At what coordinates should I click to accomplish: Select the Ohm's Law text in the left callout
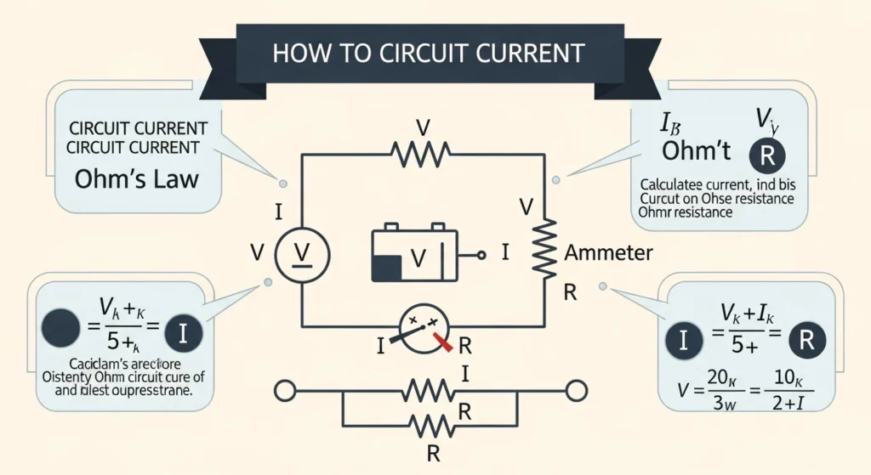click(136, 179)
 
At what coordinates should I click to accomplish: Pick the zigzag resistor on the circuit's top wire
click(420, 154)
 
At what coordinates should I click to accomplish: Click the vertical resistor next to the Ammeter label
click(544, 246)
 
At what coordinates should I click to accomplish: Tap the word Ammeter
click(609, 253)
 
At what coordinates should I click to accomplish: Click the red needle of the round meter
click(441, 342)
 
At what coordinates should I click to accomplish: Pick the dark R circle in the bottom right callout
click(808, 340)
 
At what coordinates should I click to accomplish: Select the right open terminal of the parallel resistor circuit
click(577, 392)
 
